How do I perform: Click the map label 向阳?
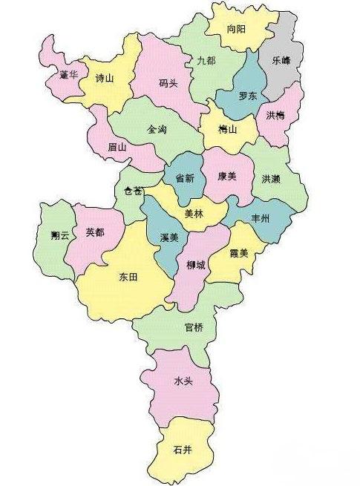coord(236,29)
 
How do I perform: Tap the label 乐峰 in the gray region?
coord(282,62)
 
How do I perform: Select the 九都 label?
coord(206,61)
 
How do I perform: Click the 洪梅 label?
coord(275,114)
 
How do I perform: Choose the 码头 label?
coord(168,83)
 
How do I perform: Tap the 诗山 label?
coord(105,78)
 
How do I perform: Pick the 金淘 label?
coord(157,129)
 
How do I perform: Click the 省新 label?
coord(185,178)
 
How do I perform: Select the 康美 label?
coord(227,177)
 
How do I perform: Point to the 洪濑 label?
coord(272,179)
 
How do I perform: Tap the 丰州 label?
coord(261,219)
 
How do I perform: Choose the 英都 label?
coord(95,232)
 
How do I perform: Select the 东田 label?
coord(128,277)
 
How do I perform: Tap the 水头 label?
coord(183,381)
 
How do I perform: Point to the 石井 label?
coord(183,450)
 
